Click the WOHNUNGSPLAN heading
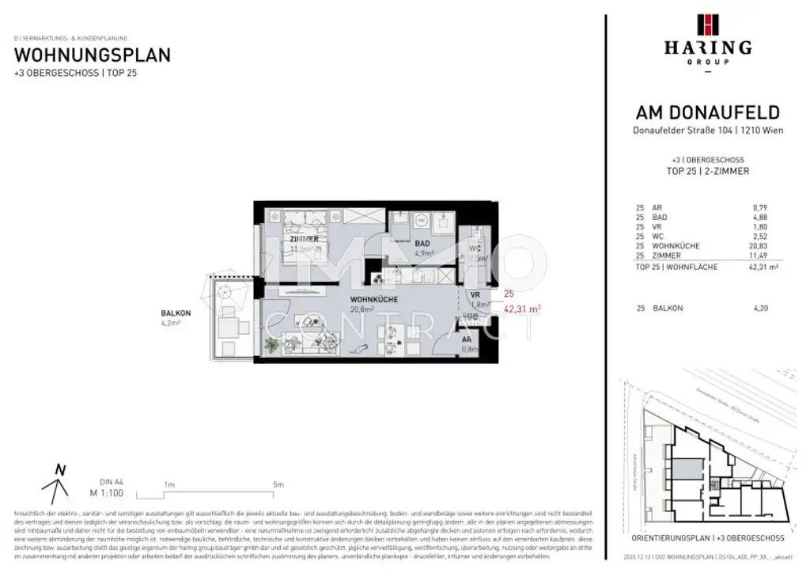pyautogui.click(x=93, y=55)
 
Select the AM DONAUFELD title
pyautogui.click(x=708, y=112)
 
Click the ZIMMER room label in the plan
pyautogui.click(x=304, y=238)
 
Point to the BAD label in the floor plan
pyautogui.click(x=422, y=244)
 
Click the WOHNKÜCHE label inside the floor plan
pyautogui.click(x=374, y=300)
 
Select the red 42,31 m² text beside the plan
pyautogui.click(x=522, y=310)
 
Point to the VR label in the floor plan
pyautogui.click(x=475, y=294)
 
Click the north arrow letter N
pyautogui.click(x=59, y=469)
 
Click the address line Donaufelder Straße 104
pyautogui.click(x=708, y=131)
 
